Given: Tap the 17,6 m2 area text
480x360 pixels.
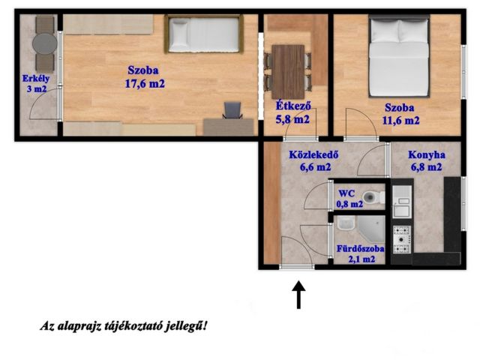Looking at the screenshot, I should tap(145, 83).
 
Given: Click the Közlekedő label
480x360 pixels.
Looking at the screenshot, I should tap(316, 155).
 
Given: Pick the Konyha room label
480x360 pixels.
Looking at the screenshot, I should tap(427, 155).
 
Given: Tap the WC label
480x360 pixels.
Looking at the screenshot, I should tap(346, 192).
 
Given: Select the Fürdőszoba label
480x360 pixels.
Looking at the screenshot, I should tap(361, 248).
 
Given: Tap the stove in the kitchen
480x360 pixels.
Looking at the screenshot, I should tap(403, 238).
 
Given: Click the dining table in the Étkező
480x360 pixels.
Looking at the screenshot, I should tap(289, 67).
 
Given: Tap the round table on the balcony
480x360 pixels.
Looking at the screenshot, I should tap(43, 43).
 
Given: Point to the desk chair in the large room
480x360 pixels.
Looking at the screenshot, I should tap(233, 112).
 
